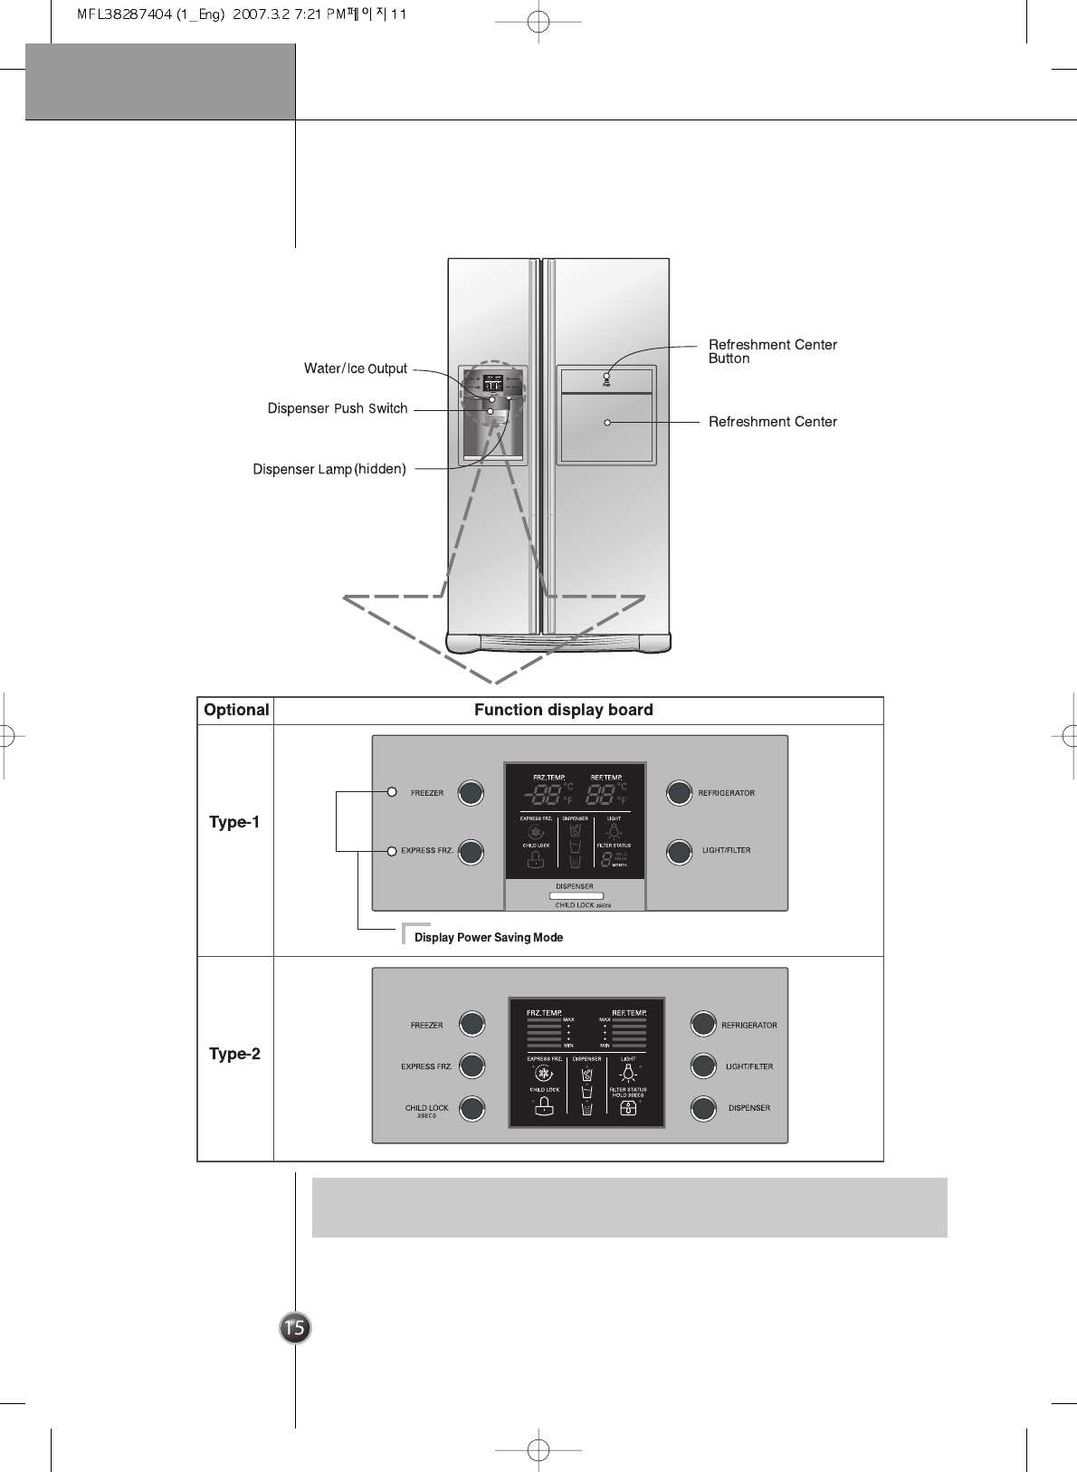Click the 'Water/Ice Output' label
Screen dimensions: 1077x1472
point(355,368)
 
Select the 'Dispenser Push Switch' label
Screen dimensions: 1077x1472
point(338,408)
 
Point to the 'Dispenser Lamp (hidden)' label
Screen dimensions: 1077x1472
point(329,469)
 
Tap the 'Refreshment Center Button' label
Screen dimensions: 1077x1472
point(772,351)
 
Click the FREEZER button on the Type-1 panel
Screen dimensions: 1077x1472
point(471,793)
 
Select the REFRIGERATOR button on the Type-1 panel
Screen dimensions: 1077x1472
point(679,793)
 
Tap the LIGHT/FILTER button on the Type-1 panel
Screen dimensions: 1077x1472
point(679,851)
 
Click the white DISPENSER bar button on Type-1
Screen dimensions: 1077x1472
point(576,896)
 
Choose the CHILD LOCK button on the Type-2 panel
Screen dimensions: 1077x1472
point(472,1108)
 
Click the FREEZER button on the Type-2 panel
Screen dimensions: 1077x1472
point(472,1024)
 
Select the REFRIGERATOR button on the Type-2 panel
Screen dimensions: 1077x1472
point(703,1024)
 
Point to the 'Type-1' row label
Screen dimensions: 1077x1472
point(234,822)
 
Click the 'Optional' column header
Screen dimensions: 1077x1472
point(236,710)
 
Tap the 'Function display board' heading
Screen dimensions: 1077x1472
point(563,710)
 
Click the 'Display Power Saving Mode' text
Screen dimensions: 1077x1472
point(488,938)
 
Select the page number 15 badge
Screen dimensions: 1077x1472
point(295,1328)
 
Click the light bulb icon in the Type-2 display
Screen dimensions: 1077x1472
point(627,1074)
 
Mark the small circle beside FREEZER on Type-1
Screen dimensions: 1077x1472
point(392,792)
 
